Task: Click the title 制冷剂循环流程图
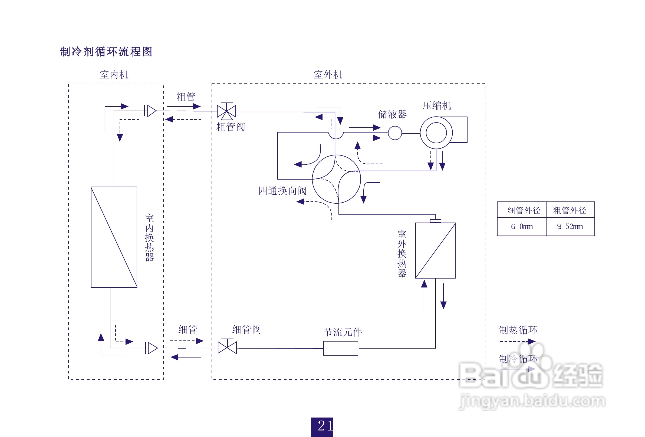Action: pos(106,52)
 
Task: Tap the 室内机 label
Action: pos(114,75)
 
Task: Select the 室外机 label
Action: pos(328,75)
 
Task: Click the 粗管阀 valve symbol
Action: pos(226,111)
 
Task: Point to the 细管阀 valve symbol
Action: pos(227,347)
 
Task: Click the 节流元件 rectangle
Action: pos(341,348)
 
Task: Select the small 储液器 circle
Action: pos(395,133)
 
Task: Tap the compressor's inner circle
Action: pos(436,133)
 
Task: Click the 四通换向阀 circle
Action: pos(336,179)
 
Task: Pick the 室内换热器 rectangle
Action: pos(114,237)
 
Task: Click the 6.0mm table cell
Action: pos(522,227)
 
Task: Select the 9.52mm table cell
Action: pos(570,227)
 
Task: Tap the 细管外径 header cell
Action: pos(522,210)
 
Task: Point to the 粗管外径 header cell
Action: pos(570,210)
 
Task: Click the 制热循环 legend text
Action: pos(518,330)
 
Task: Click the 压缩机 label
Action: pos(437,106)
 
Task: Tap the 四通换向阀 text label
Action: pos(282,191)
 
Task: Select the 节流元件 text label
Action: pos(343,332)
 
